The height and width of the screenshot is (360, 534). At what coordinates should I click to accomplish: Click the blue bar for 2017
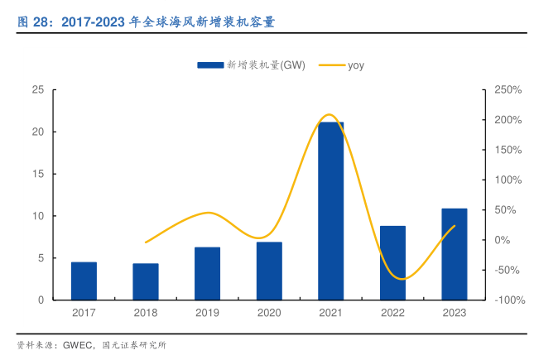(84, 281)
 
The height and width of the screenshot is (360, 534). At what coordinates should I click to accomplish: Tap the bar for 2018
(146, 281)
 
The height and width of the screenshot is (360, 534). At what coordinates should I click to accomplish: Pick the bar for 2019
(207, 273)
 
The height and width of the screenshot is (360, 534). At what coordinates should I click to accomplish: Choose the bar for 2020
(269, 271)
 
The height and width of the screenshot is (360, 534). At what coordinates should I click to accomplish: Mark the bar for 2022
(392, 262)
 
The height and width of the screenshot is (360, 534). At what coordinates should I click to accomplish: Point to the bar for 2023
(454, 254)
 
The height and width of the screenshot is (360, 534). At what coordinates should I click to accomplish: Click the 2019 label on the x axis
(207, 313)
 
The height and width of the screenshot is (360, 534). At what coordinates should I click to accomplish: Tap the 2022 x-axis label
(392, 313)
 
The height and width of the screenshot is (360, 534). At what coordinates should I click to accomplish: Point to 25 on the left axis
(37, 89)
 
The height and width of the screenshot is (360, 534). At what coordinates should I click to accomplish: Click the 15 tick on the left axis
(37, 174)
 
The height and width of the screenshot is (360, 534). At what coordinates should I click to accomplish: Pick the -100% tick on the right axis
(508, 300)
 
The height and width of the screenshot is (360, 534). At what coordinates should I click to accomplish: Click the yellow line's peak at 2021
(330, 114)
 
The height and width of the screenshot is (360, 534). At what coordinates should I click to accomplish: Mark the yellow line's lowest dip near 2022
(399, 279)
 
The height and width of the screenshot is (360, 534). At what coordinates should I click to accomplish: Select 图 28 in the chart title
(31, 22)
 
